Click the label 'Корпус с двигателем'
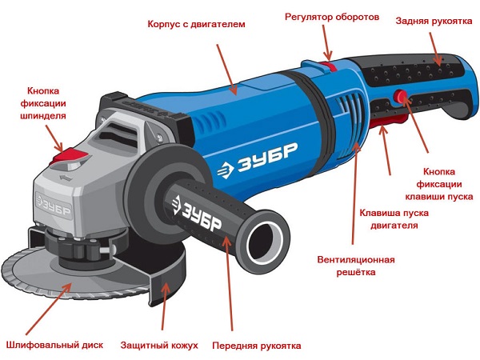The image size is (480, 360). [196, 24]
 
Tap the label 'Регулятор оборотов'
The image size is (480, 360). [332, 17]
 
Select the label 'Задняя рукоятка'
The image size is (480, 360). [434, 21]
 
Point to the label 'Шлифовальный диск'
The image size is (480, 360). [54, 345]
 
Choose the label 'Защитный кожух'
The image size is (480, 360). [159, 346]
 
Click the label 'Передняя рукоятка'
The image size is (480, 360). [257, 346]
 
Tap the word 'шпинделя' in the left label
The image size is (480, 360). [43, 116]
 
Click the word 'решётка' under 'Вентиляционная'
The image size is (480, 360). [356, 272]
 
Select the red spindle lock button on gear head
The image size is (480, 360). [70, 155]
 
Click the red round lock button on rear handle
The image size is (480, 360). [399, 95]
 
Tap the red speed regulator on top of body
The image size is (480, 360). [328, 66]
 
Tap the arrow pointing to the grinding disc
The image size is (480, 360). [49, 309]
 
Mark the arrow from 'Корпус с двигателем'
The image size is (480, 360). [227, 69]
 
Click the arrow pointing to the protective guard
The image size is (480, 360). [164, 306]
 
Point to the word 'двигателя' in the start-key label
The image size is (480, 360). [394, 226]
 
